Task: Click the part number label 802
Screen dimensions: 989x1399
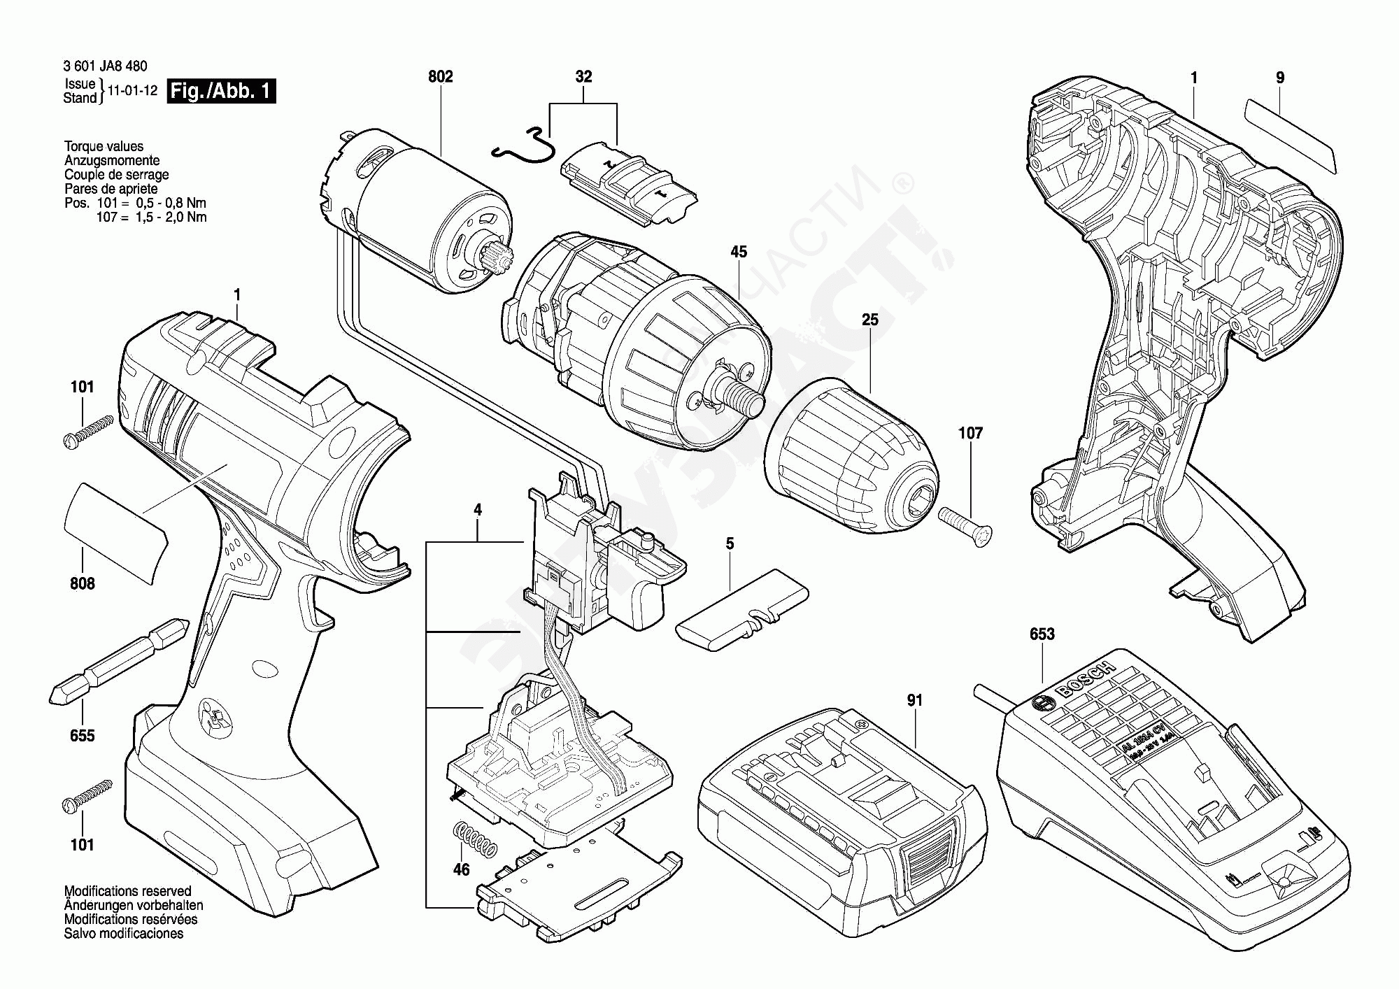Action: tap(440, 77)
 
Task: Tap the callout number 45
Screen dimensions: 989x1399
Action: tap(739, 252)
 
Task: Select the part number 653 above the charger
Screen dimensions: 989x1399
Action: tap(1042, 634)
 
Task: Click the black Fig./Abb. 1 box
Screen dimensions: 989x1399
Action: tap(221, 92)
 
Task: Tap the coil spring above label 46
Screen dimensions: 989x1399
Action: tap(475, 839)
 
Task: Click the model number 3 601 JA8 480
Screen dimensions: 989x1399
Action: tap(105, 66)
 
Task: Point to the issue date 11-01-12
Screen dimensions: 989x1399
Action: tap(132, 91)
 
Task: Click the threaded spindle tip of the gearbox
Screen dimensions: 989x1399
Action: tap(746, 397)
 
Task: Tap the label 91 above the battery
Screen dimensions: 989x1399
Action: tap(915, 700)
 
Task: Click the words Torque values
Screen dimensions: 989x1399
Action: tap(104, 147)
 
